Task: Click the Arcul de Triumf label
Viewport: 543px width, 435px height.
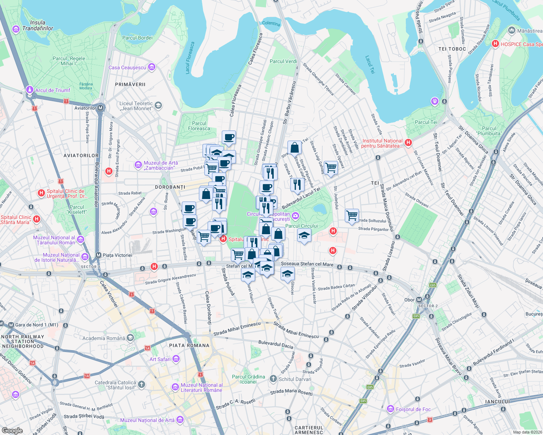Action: pos(53,90)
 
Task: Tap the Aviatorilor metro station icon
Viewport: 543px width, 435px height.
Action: pos(101,108)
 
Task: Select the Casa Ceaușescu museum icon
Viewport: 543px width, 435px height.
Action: pos(152,67)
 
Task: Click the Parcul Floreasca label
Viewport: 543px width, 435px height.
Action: pos(199,126)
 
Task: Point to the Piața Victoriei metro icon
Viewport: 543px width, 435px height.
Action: pos(98,255)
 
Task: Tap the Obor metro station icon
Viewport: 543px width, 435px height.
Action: pos(419,300)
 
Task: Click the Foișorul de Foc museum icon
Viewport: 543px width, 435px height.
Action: pos(391,409)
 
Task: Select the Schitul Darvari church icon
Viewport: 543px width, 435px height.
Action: pos(273,379)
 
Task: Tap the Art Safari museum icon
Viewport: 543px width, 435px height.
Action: pos(176,359)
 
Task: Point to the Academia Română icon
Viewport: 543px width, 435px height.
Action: pos(130,338)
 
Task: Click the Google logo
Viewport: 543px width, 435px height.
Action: pos(12,431)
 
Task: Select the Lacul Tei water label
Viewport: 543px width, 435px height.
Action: pos(370,65)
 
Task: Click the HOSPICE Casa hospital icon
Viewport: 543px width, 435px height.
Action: pos(495,44)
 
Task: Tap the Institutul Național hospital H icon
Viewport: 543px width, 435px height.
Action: pos(408,143)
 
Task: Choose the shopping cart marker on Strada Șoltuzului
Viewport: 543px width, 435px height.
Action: pos(352,215)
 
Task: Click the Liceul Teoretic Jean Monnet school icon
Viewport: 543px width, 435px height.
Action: pos(158,105)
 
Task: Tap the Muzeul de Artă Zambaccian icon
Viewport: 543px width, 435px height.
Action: pos(138,165)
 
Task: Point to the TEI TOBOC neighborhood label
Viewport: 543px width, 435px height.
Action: pos(452,49)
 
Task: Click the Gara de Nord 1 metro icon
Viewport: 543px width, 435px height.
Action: pos(11,325)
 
